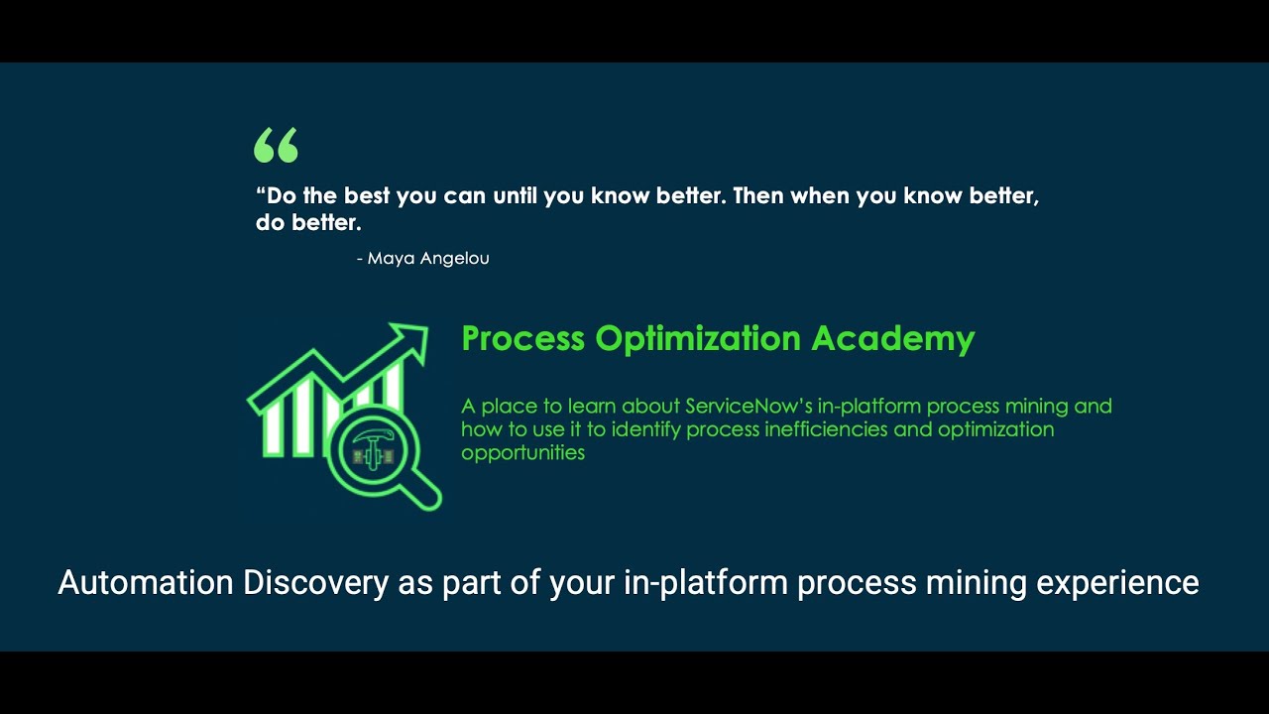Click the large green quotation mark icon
(x=276, y=146)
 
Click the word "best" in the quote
(x=367, y=195)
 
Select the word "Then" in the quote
(x=757, y=195)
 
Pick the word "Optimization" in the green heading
(x=698, y=339)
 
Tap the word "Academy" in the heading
(x=892, y=338)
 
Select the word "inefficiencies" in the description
(x=818, y=429)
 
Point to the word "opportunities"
(x=522, y=453)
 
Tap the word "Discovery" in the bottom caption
(x=315, y=582)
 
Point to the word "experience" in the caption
(x=1117, y=582)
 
